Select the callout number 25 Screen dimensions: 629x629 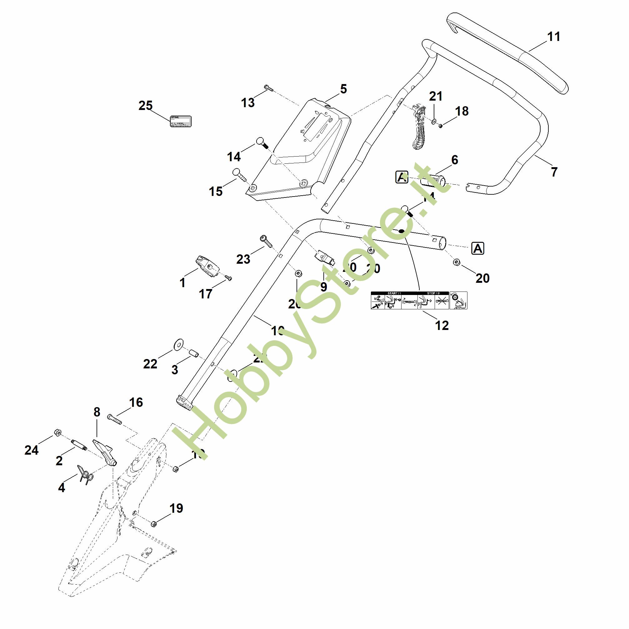pos(146,106)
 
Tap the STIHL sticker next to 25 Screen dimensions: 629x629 pos(181,121)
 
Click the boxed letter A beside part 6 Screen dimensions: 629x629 pos(402,177)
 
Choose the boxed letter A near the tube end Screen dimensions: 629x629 pos(478,248)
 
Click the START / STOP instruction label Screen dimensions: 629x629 pos(419,300)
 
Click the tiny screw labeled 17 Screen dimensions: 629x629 pos(229,278)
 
